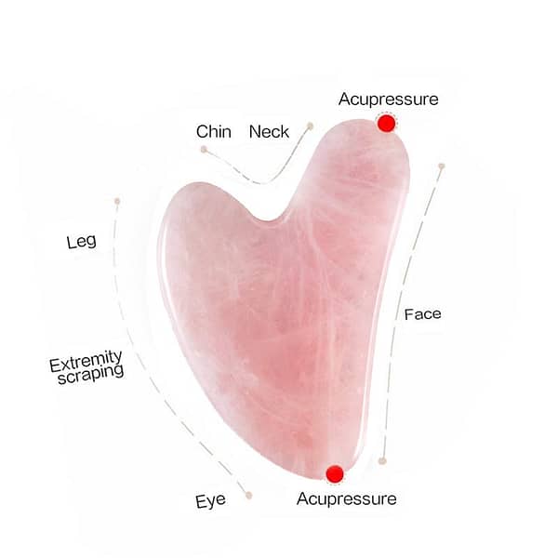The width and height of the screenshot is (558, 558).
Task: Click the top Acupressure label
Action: (x=388, y=100)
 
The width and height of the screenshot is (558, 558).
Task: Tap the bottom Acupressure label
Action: (x=346, y=498)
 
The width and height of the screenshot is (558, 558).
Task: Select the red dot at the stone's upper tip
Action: (x=386, y=124)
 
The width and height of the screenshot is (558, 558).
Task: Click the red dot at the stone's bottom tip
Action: (x=335, y=474)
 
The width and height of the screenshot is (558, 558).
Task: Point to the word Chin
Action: (x=214, y=132)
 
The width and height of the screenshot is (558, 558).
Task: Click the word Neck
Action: (x=269, y=132)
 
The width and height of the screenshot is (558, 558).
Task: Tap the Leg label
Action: (x=82, y=242)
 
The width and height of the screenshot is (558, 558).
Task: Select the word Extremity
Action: (x=86, y=361)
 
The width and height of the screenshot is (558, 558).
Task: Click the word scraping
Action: (x=91, y=375)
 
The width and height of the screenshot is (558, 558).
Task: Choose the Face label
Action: (x=423, y=314)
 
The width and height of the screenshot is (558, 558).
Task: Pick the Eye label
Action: (x=210, y=501)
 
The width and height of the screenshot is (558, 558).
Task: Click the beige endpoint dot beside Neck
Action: (x=310, y=126)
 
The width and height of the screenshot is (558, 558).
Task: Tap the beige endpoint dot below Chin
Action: (x=204, y=150)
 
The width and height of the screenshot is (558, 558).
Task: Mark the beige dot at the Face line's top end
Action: (x=442, y=166)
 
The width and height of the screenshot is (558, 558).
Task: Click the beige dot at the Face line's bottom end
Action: (x=382, y=461)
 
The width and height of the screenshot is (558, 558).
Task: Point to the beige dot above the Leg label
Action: (x=117, y=202)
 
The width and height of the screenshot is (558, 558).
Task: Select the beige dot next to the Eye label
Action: (x=248, y=495)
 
